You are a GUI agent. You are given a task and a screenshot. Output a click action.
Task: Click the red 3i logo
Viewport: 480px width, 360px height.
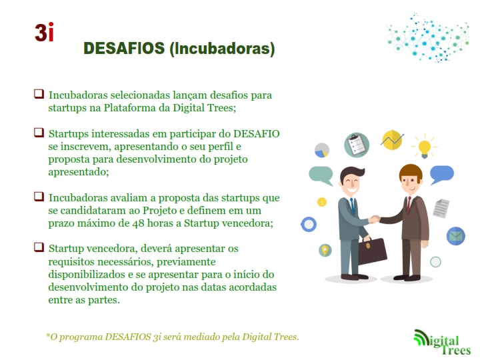45,32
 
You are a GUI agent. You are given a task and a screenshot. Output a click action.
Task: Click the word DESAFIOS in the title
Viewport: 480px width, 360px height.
124,49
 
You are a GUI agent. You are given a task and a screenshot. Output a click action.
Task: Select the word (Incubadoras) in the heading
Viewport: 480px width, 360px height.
222,49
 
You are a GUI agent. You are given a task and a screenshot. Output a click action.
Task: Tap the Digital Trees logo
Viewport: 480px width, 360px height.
443,341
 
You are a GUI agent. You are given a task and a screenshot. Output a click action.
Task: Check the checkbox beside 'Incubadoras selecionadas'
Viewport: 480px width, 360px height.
39,94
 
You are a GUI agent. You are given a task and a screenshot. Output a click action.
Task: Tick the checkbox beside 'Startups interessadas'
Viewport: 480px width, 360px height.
39,133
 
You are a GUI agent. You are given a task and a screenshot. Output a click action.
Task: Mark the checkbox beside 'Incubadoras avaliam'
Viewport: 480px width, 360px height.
39,197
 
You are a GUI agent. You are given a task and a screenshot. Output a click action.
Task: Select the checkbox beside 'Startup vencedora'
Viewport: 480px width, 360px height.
39,247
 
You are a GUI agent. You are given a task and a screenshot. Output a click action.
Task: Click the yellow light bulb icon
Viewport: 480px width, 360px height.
425,147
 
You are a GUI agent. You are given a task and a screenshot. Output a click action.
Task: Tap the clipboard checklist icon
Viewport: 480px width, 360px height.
357,145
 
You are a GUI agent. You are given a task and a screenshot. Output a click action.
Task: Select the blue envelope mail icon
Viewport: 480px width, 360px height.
456,236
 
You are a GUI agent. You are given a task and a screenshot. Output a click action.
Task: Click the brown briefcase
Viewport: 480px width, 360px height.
371,251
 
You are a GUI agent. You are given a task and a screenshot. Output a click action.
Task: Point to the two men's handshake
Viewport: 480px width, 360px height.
374,219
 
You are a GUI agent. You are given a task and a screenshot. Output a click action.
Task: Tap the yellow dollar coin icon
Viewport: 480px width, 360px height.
322,202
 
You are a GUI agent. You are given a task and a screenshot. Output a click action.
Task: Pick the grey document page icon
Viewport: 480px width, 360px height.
441,209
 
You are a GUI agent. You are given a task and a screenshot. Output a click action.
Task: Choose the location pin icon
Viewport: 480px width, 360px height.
325,251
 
